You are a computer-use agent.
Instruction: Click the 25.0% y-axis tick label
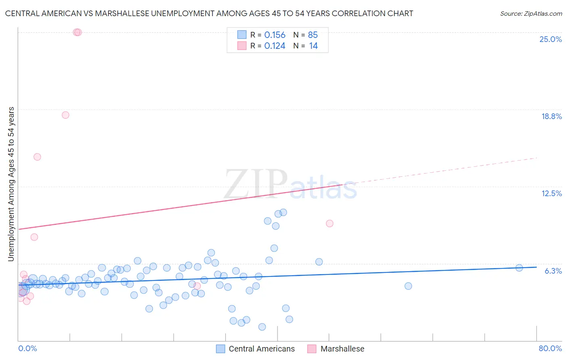pyautogui.click(x=550, y=39)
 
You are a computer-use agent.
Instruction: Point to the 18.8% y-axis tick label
pyautogui.click(x=551, y=116)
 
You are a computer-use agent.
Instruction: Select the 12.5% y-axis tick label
pyautogui.click(x=551, y=193)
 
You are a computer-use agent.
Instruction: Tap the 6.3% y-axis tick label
pyautogui.click(x=553, y=271)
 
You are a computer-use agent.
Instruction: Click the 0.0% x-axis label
pyautogui.click(x=27, y=348)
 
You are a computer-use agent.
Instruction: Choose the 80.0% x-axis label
pyautogui.click(x=550, y=348)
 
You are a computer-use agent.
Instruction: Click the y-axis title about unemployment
pyautogui.click(x=11, y=184)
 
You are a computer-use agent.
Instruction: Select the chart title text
pyautogui.click(x=209, y=13)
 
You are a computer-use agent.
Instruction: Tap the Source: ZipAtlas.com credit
pyautogui.click(x=531, y=13)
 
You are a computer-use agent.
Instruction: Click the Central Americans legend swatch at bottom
pyautogui.click(x=221, y=349)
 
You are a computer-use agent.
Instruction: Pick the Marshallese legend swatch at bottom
pyautogui.click(x=312, y=349)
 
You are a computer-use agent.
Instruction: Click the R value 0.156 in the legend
pyautogui.click(x=275, y=35)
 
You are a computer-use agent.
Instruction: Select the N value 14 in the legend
pyautogui.click(x=313, y=46)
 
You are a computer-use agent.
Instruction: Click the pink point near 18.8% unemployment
pyautogui.click(x=65, y=115)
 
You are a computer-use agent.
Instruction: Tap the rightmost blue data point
pyautogui.click(x=519, y=268)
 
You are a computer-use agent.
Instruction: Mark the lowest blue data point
pyautogui.click(x=262, y=327)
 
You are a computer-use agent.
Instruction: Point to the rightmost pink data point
pyautogui.click(x=329, y=224)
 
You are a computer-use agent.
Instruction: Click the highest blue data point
pyautogui.click(x=283, y=212)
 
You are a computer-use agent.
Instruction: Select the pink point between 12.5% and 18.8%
pyautogui.click(x=37, y=157)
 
